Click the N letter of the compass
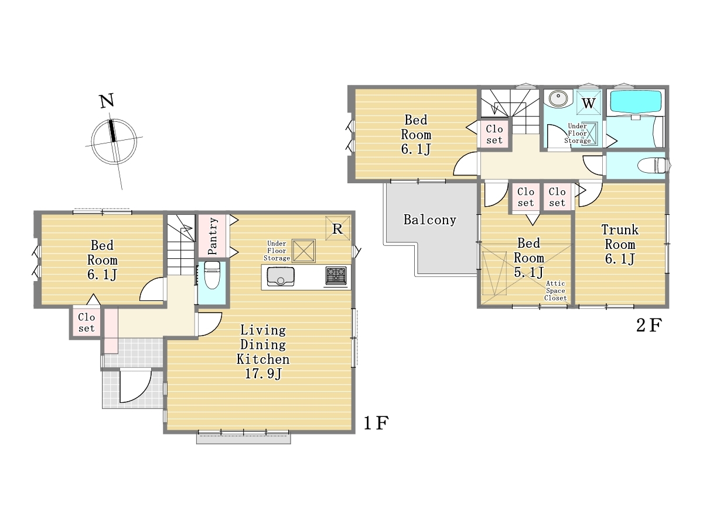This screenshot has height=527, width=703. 107,101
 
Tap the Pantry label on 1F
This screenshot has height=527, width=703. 212,236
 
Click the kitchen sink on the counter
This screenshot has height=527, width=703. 281,277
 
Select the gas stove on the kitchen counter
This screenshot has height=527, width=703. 336,275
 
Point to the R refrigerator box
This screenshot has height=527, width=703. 337,228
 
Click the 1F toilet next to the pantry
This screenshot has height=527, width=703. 212,275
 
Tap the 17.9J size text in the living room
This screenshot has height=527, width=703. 263,374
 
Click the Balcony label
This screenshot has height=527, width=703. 430,220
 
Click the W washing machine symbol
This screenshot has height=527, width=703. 589,103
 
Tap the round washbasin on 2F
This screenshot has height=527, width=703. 558,97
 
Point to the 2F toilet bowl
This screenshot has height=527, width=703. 653,166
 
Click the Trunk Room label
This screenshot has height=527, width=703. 620,237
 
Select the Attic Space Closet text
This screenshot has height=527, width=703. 555,290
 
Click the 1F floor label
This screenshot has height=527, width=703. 376,423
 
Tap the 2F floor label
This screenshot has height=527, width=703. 649,326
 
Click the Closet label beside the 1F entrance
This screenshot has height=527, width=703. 87,323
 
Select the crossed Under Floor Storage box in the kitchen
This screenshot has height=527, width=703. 303,251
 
